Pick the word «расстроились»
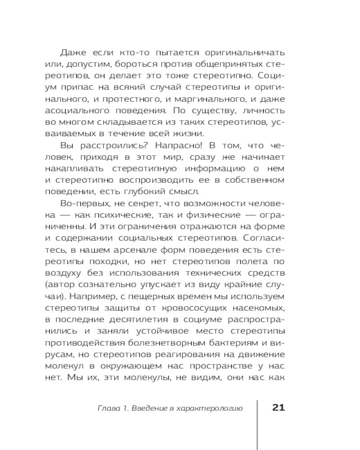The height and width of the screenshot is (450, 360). [112, 145]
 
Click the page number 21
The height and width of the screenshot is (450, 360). [278, 408]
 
